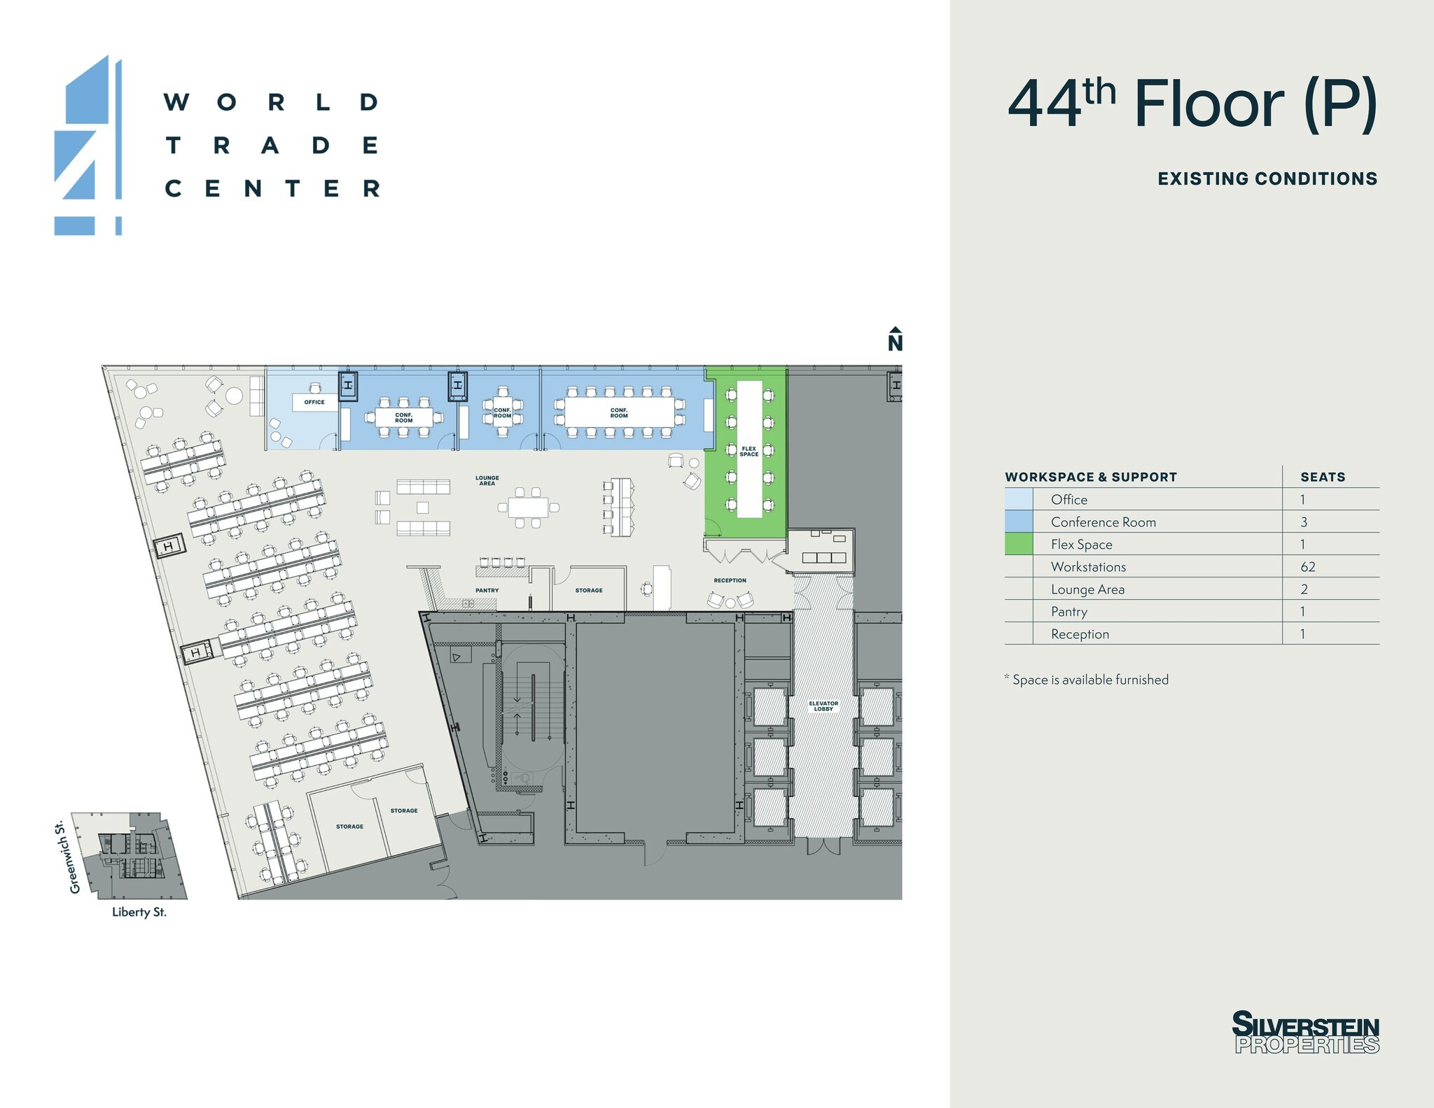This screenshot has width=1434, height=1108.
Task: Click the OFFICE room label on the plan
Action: pos(314,402)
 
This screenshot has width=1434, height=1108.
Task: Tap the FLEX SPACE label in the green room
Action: pos(749,451)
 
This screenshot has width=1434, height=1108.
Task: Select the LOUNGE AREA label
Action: pos(487,481)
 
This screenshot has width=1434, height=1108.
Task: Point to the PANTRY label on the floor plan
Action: pos(487,591)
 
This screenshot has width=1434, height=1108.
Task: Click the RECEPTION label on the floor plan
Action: pos(730,580)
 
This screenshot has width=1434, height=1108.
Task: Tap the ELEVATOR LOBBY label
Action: pos(823,706)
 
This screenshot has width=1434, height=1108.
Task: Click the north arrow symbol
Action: pos(895,339)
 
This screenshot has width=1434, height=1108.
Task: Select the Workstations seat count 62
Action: pos(1308,567)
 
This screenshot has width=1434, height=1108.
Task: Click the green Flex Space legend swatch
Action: pos(1019,544)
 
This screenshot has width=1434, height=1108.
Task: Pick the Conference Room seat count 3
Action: pos(1304,522)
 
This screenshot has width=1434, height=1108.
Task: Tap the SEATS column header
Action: pos(1323,477)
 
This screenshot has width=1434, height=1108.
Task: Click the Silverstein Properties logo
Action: pos(1306,1032)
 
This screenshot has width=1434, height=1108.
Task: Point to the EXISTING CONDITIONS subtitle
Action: pos(1267,179)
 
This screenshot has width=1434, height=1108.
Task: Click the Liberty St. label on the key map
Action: pos(139,912)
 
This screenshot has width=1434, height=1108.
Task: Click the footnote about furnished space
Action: pos(1087,680)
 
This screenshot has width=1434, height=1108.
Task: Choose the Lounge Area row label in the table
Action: pos(1087,589)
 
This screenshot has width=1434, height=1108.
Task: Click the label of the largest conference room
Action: pos(619,413)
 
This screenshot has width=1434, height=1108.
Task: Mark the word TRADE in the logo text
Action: pos(273,146)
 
